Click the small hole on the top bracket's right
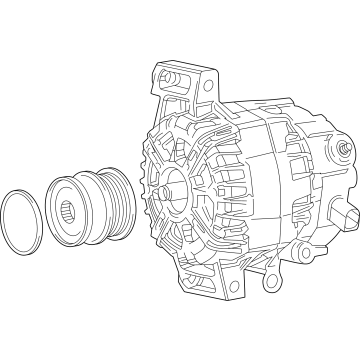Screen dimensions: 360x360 (x=209, y=85)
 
